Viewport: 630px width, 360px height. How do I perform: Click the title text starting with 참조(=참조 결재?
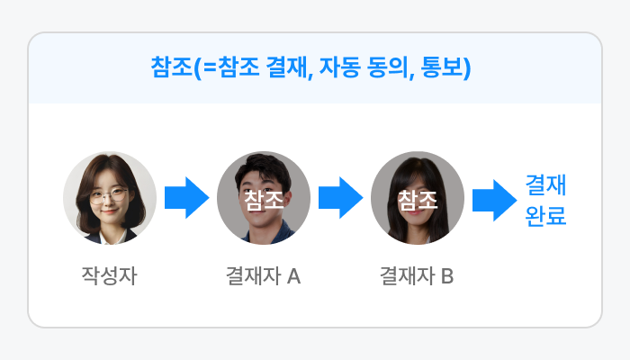click(x=311, y=69)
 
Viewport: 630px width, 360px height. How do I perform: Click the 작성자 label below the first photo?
click(x=109, y=274)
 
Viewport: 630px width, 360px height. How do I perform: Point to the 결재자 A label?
click(x=263, y=274)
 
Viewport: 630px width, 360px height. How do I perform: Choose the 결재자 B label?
click(x=417, y=274)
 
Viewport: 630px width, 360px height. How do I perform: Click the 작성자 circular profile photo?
click(x=110, y=198)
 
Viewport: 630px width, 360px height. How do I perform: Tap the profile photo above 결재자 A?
click(x=264, y=198)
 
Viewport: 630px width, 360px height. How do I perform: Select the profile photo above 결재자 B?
click(x=418, y=198)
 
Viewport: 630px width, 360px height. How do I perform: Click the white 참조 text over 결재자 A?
click(x=264, y=199)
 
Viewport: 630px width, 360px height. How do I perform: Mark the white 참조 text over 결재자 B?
click(x=418, y=199)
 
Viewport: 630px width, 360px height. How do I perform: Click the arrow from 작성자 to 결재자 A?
click(x=186, y=198)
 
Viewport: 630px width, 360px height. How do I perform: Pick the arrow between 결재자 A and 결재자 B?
click(x=340, y=198)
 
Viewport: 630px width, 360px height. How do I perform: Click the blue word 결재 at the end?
click(x=545, y=185)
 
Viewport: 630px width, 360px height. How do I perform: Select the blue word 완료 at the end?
click(x=545, y=216)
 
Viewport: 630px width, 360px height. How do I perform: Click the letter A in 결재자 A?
click(x=292, y=275)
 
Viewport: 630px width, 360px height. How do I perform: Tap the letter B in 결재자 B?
click(x=447, y=275)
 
